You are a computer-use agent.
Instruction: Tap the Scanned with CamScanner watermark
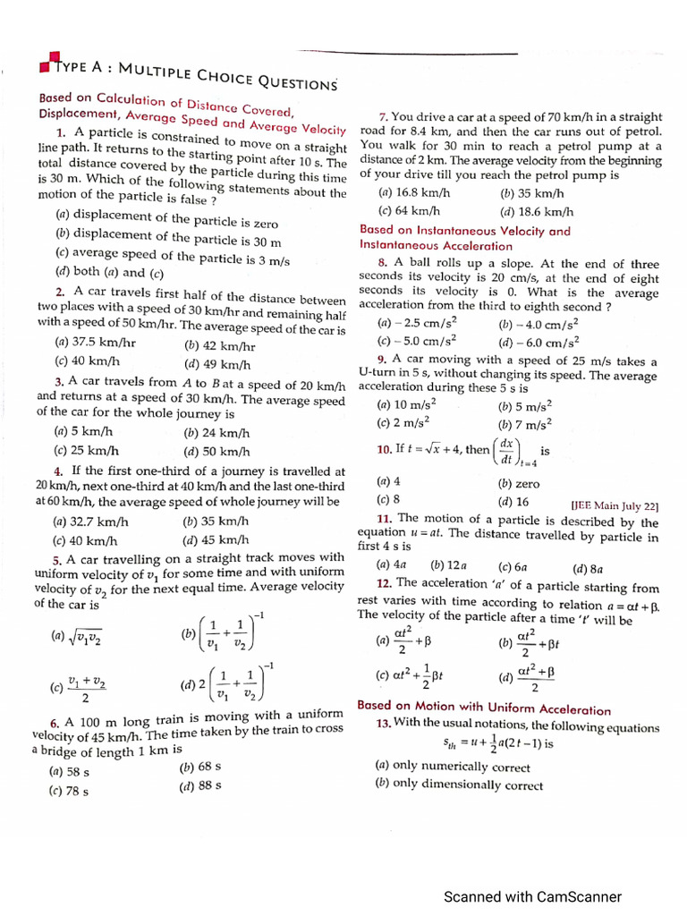[532, 896]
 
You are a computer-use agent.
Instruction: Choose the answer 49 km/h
[217, 364]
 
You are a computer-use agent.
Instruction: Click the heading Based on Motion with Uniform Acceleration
[483, 708]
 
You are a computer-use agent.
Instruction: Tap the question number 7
[383, 117]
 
